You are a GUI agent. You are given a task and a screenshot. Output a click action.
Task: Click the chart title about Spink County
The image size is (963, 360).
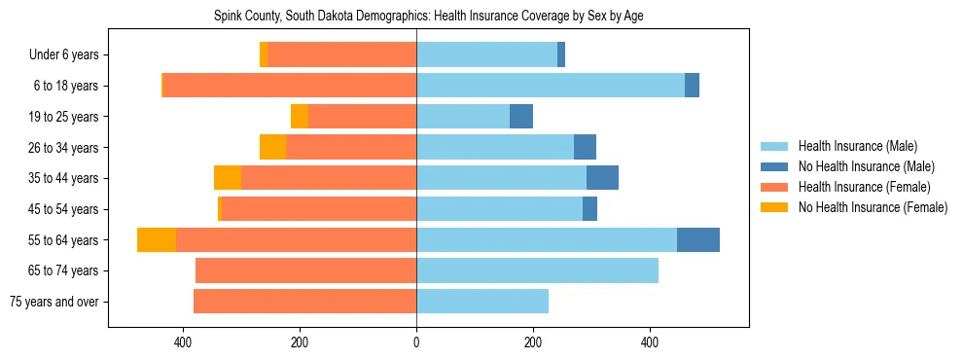[x=428, y=17]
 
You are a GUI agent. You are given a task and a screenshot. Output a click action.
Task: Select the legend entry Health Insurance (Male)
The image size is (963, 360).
[x=856, y=146]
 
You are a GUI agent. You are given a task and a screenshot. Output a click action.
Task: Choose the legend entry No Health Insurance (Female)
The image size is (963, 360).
[x=873, y=207]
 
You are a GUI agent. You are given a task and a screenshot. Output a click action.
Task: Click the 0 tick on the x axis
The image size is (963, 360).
[x=416, y=342]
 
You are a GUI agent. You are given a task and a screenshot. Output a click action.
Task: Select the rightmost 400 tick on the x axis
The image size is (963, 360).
[x=650, y=342]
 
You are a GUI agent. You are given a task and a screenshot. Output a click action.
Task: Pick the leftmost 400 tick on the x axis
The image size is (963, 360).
[x=183, y=342]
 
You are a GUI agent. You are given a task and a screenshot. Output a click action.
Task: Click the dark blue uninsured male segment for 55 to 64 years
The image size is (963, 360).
[x=698, y=239]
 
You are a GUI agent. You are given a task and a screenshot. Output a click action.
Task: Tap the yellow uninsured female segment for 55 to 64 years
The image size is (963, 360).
[x=157, y=239]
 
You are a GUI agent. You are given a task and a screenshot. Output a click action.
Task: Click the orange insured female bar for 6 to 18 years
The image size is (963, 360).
[x=290, y=86]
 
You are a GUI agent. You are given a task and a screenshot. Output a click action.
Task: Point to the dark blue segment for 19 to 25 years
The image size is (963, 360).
[x=521, y=117]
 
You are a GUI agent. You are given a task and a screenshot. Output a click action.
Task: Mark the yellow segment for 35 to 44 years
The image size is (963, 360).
[x=228, y=178]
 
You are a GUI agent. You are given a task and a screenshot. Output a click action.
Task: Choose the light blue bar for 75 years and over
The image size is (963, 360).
[x=482, y=302]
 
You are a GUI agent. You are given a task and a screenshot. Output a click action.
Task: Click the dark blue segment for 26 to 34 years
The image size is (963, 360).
[x=585, y=147]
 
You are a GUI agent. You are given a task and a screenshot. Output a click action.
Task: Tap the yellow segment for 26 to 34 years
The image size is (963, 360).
[x=272, y=147]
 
